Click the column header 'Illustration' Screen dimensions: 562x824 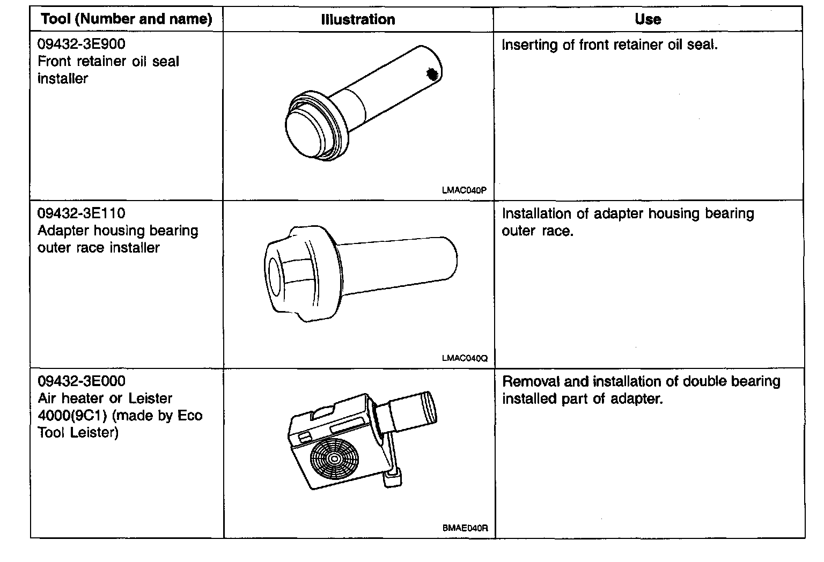[x=358, y=20]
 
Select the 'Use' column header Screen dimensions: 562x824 [x=648, y=19]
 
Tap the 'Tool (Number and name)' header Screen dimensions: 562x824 [x=127, y=20]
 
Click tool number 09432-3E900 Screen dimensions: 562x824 [x=81, y=44]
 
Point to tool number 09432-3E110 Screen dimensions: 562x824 [x=81, y=213]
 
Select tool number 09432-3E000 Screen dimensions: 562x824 [x=81, y=381]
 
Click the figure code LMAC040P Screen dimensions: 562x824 [x=465, y=189]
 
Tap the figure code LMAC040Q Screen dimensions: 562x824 [x=465, y=358]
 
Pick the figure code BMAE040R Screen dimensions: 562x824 [x=465, y=528]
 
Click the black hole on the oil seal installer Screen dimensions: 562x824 [x=431, y=75]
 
